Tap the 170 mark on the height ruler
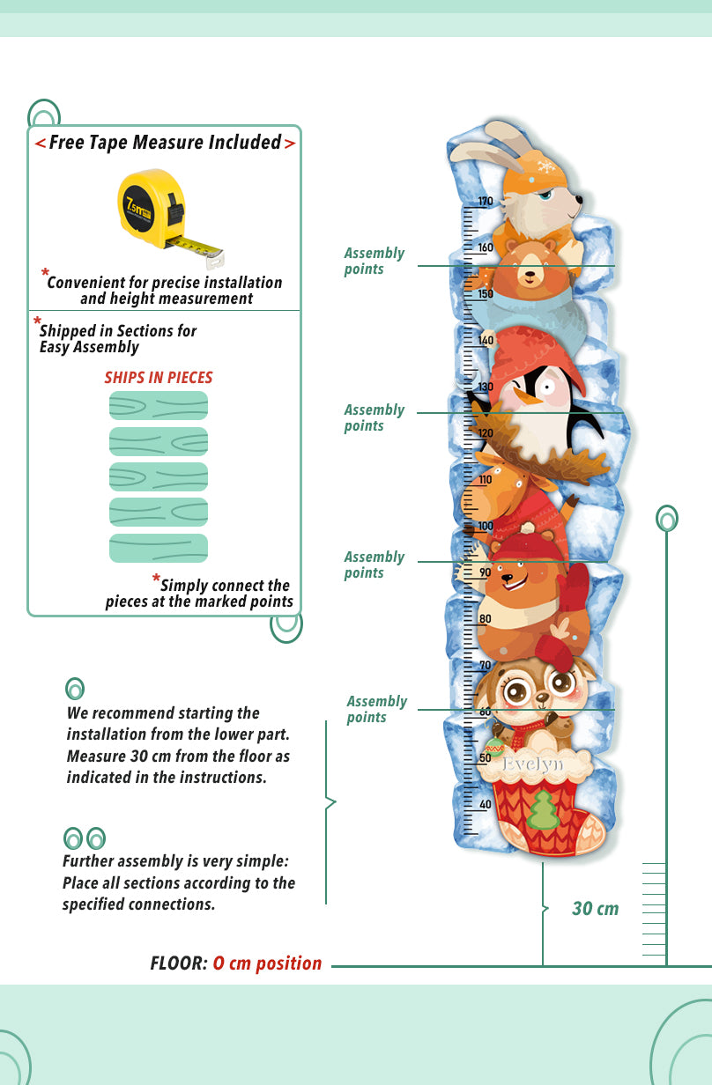click(485, 202)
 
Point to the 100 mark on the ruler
click(485, 527)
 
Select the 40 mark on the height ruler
click(485, 805)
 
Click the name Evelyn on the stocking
click(532, 764)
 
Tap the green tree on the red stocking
click(544, 810)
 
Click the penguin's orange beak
click(528, 397)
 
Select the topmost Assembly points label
click(374, 261)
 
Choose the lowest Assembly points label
click(376, 709)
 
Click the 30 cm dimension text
click(595, 909)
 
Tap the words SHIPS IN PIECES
click(159, 378)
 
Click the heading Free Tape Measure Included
click(165, 143)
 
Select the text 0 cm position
click(267, 963)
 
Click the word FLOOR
click(179, 963)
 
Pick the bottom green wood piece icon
click(159, 548)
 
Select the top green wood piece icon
click(159, 406)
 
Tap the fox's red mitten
click(573, 587)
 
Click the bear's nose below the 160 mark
click(529, 275)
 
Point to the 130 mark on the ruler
click(485, 387)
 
